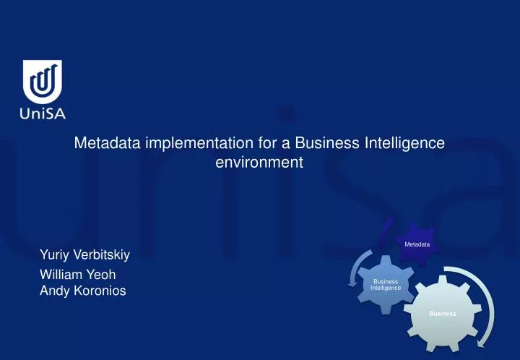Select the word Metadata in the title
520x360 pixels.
coord(107,143)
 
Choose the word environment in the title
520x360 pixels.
coord(259,163)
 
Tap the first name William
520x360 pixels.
coord(60,275)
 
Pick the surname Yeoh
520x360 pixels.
coord(100,275)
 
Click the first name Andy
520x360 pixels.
coord(53,291)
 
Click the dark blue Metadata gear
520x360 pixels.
coord(417,244)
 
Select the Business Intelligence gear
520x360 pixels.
coord(386,284)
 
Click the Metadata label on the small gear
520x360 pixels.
coord(417,244)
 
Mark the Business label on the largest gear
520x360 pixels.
coord(442,313)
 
